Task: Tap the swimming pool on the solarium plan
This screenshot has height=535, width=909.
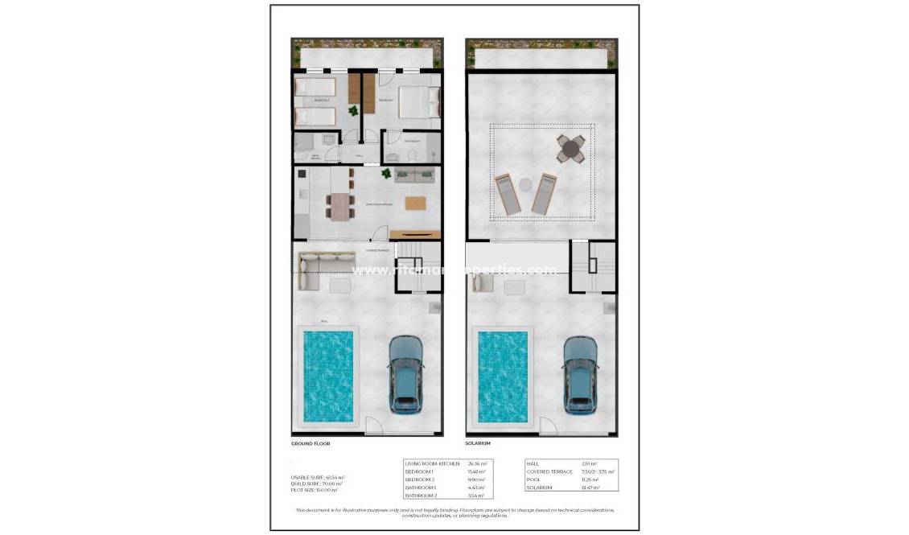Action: (x=503, y=377)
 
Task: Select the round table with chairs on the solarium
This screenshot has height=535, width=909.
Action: (x=571, y=149)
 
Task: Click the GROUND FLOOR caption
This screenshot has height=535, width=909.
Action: (x=311, y=443)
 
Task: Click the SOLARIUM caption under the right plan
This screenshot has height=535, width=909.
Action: (x=478, y=443)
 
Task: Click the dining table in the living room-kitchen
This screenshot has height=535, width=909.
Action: (x=340, y=206)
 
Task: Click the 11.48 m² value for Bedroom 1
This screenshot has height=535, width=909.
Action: (x=476, y=472)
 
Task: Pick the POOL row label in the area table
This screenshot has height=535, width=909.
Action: (x=533, y=480)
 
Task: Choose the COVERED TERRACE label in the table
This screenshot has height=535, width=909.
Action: (x=549, y=472)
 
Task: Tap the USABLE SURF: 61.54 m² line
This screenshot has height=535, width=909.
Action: (x=318, y=478)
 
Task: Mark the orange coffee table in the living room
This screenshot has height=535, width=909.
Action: (x=415, y=203)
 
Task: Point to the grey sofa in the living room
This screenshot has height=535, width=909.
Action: (x=414, y=175)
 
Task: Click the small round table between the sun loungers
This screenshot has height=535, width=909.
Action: (x=525, y=184)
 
